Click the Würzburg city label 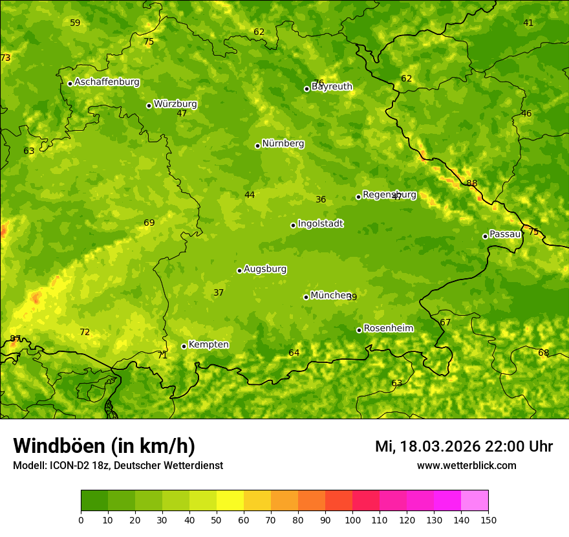(175, 104)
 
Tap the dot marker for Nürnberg (257, 146)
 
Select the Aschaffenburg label (107, 82)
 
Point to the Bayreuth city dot (306, 89)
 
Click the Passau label (505, 234)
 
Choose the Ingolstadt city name (320, 224)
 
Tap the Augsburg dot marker (239, 270)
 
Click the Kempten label (208, 345)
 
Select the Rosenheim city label (388, 329)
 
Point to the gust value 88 (472, 183)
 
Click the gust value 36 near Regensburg (321, 199)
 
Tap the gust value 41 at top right (528, 23)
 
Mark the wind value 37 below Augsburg (219, 292)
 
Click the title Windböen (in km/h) (103, 446)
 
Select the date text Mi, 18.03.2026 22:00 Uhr (464, 446)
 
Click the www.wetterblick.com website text (466, 465)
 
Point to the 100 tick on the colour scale (352, 520)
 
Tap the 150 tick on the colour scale (488, 520)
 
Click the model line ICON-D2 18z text (118, 465)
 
